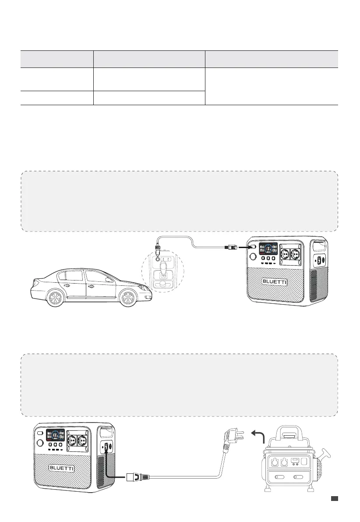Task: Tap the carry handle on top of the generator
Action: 293,433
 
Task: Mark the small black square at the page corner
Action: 334,498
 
